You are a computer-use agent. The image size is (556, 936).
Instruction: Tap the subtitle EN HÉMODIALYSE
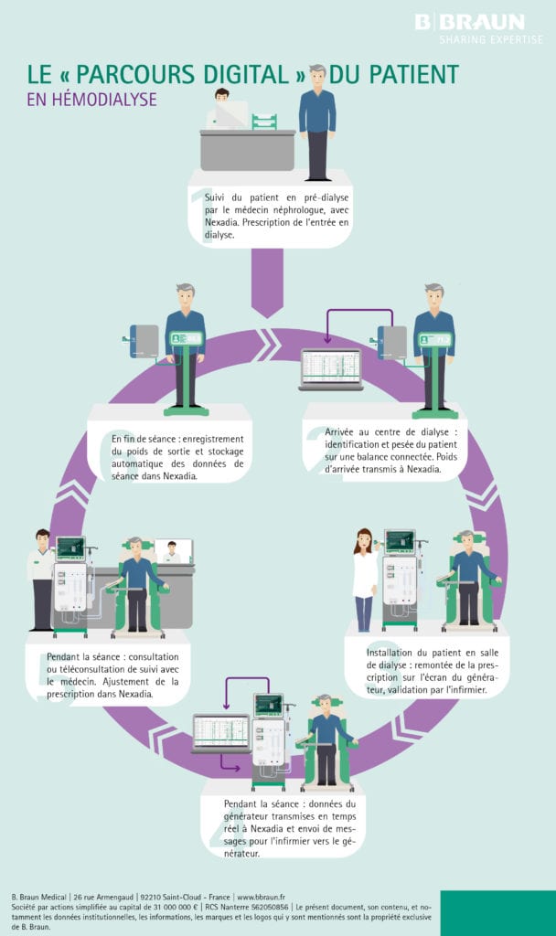(91, 100)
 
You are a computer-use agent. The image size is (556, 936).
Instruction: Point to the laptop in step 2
(330, 368)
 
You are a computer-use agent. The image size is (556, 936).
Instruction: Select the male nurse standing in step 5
(42, 578)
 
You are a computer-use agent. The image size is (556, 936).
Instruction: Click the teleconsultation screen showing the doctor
(172, 550)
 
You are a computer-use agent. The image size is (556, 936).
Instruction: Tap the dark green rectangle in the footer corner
(497, 912)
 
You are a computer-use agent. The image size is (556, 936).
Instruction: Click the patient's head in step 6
(186, 293)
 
